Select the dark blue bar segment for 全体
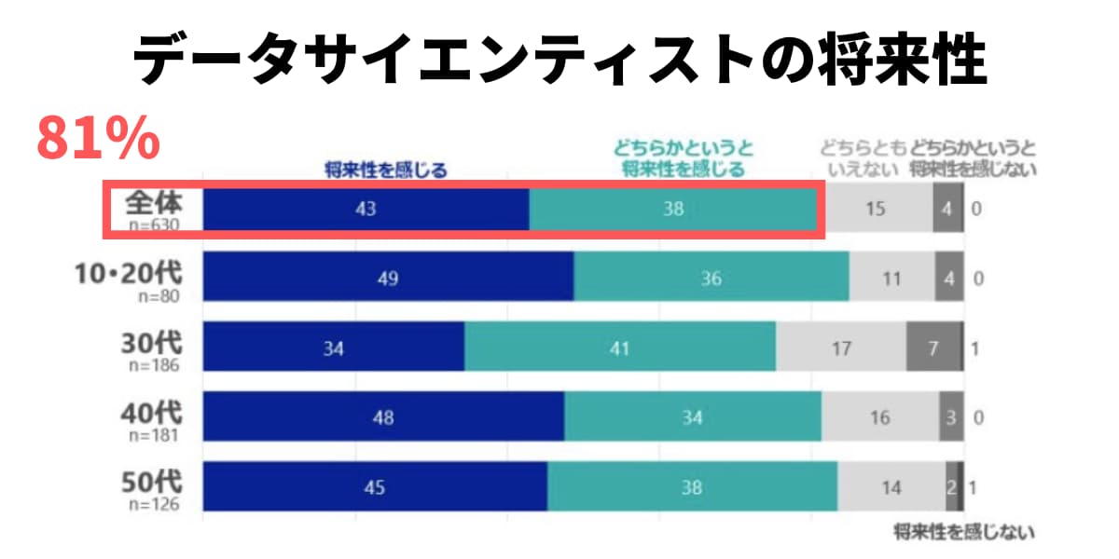366,210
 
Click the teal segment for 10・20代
711,278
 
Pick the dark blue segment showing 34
334,349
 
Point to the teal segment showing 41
619,349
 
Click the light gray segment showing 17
840,349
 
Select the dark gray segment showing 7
932,349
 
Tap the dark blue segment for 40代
383,417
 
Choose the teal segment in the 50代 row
691,487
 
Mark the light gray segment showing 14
891,487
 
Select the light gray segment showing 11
891,278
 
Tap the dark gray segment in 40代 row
949,417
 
